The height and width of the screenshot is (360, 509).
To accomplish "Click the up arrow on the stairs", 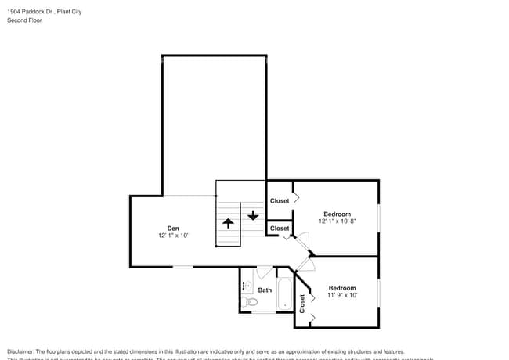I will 228,222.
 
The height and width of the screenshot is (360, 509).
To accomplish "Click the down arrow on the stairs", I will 252,214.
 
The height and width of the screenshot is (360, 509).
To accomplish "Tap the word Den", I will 173,229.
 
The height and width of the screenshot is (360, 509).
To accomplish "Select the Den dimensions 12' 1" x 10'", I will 173,236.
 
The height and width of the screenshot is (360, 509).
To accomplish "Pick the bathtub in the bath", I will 283,296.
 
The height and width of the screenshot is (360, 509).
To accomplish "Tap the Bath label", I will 265,290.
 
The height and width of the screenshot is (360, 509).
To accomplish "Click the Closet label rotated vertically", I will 302,304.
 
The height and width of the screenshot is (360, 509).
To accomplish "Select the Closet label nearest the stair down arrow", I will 280,229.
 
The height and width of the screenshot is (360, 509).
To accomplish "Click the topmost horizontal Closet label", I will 280,201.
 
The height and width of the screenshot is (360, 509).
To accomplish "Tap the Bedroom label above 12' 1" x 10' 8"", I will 337,214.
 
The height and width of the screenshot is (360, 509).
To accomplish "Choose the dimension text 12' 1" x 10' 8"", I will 337,221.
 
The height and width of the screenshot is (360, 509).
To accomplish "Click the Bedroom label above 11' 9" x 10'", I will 342,288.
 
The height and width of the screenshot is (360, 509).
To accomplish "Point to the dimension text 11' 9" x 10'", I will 342,296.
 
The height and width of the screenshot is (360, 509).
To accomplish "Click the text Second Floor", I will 24,20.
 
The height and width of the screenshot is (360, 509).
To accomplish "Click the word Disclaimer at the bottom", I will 22,351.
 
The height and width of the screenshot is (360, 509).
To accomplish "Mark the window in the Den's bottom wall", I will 182,267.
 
